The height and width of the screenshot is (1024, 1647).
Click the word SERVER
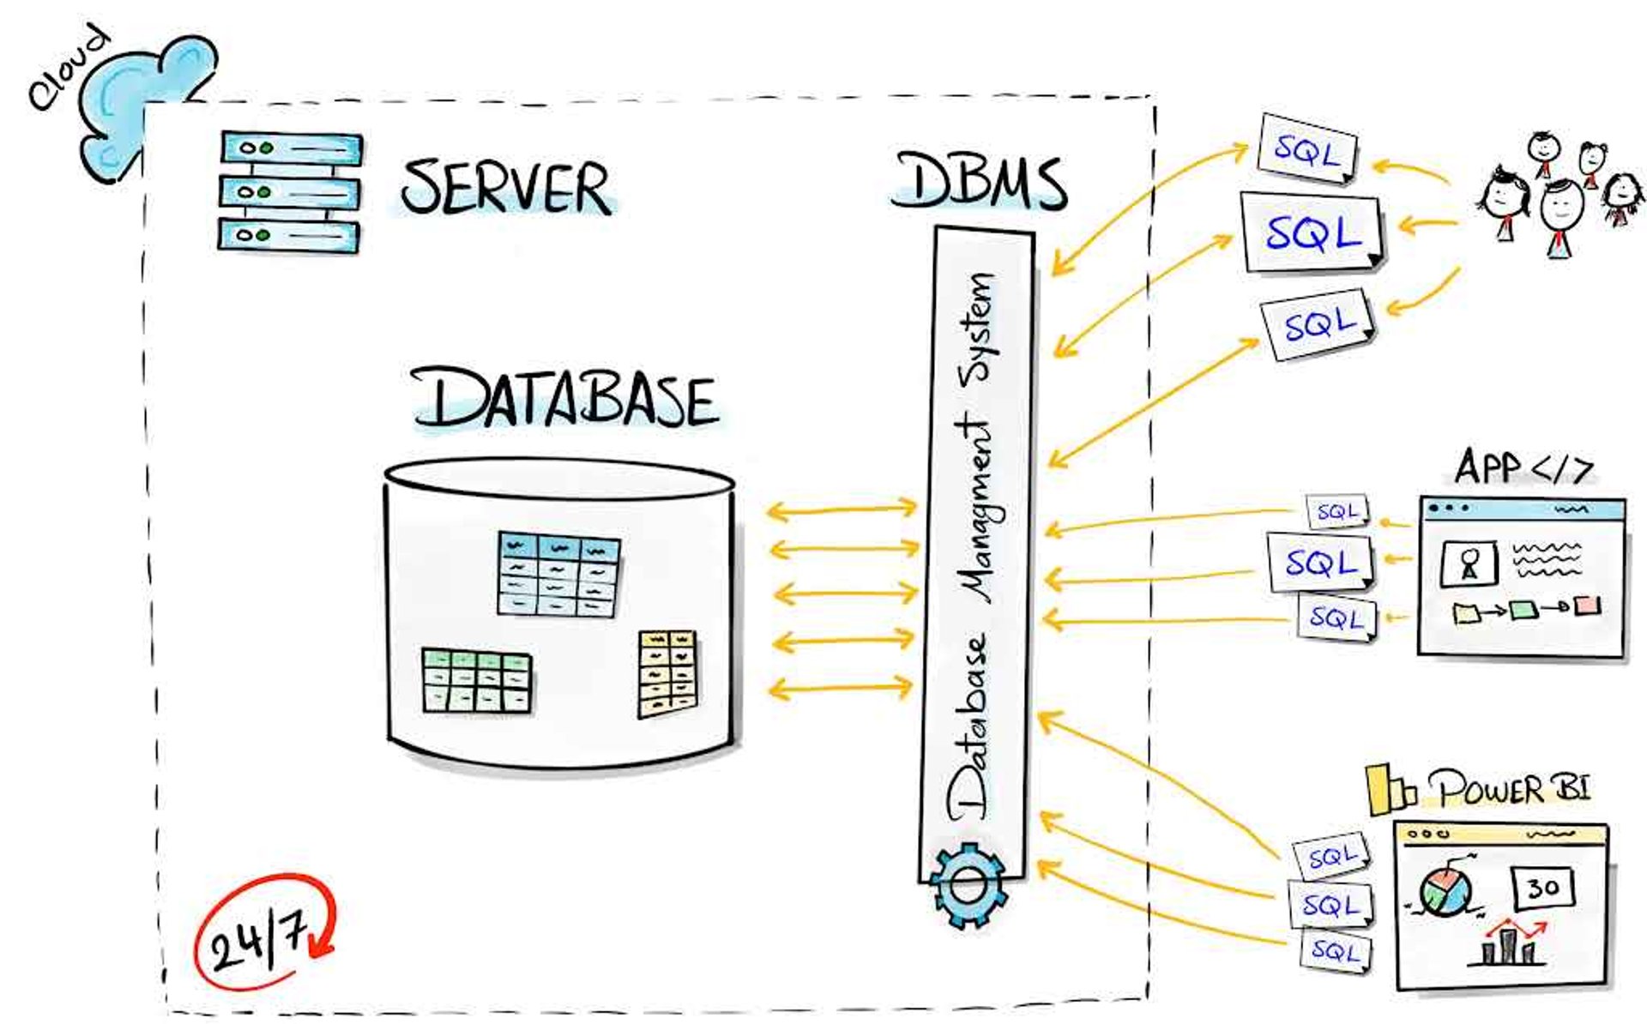[507, 187]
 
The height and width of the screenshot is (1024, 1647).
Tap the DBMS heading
[980, 181]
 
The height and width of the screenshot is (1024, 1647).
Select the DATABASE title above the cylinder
[565, 399]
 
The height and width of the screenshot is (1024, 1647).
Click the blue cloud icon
[146, 103]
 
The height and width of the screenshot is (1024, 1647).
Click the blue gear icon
[968, 886]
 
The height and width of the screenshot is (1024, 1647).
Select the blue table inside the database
[558, 574]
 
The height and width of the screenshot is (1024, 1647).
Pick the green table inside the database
[477, 681]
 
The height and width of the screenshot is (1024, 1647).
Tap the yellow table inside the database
[667, 674]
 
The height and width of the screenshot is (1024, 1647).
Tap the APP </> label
[1523, 467]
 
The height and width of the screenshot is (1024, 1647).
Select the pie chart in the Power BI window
[1445, 892]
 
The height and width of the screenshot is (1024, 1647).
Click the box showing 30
[1543, 888]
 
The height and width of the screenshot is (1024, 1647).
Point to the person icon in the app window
[1469, 563]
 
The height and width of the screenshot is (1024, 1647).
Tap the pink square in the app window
[1588, 605]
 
